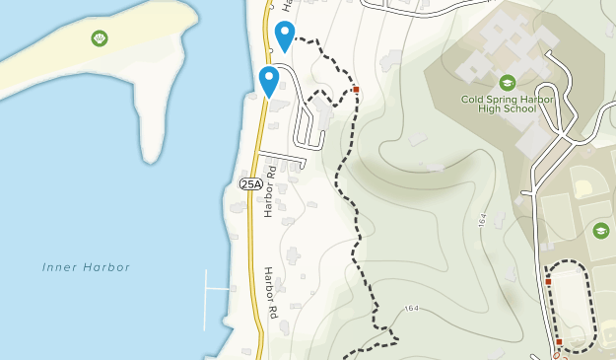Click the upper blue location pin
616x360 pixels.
284,36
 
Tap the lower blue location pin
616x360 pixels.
268,81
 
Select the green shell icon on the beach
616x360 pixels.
100,38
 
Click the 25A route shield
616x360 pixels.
251,183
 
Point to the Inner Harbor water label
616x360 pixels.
87,267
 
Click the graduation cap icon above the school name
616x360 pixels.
507,83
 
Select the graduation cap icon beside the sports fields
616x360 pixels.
600,230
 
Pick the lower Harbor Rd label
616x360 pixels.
271,292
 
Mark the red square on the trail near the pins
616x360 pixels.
355,90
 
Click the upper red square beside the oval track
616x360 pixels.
548,282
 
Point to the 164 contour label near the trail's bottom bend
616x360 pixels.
411,309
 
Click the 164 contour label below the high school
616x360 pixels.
483,222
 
